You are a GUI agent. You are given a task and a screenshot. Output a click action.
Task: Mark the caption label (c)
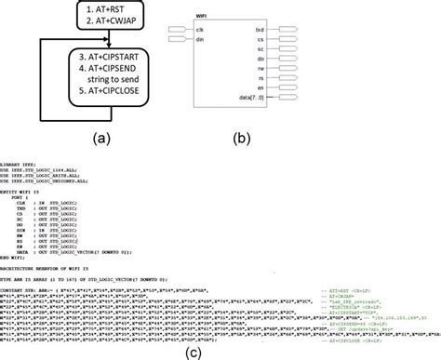click(221, 349)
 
